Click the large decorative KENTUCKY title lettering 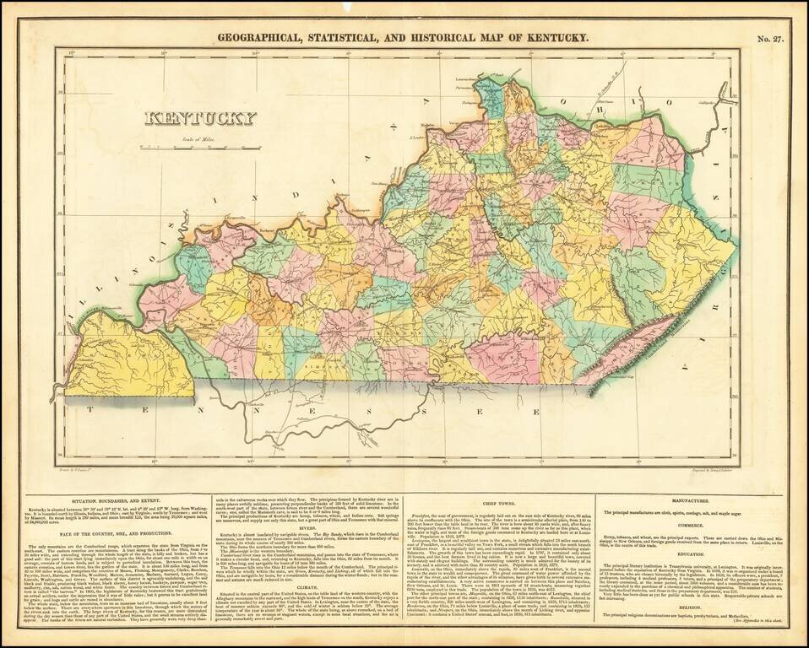(199, 118)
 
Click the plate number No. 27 (770, 37)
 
